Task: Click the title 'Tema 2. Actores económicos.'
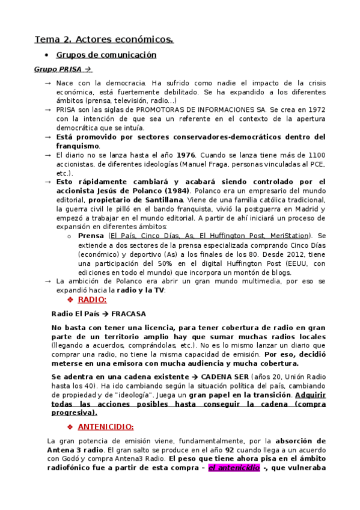[104, 40]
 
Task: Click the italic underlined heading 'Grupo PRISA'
[58, 70]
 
